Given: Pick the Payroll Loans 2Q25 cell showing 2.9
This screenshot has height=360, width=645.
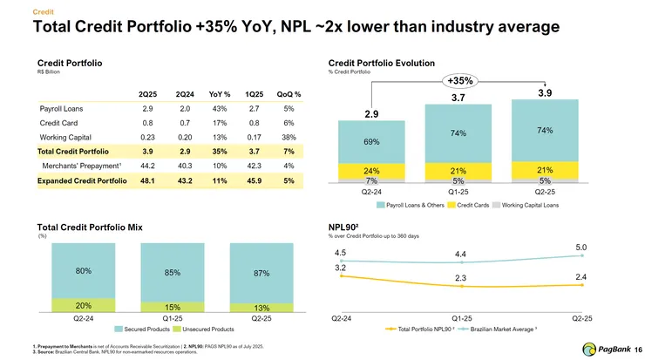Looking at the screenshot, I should (x=148, y=110).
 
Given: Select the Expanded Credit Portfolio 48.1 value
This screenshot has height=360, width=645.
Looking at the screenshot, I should (x=147, y=181).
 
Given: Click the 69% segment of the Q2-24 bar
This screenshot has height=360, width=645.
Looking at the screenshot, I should (x=370, y=141).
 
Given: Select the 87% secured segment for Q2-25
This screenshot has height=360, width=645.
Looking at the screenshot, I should (x=261, y=274).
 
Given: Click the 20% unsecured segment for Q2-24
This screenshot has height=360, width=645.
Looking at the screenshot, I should (x=84, y=305).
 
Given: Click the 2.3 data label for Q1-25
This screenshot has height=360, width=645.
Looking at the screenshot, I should (x=460, y=277).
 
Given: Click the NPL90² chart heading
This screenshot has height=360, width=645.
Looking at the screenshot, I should (x=345, y=227).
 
